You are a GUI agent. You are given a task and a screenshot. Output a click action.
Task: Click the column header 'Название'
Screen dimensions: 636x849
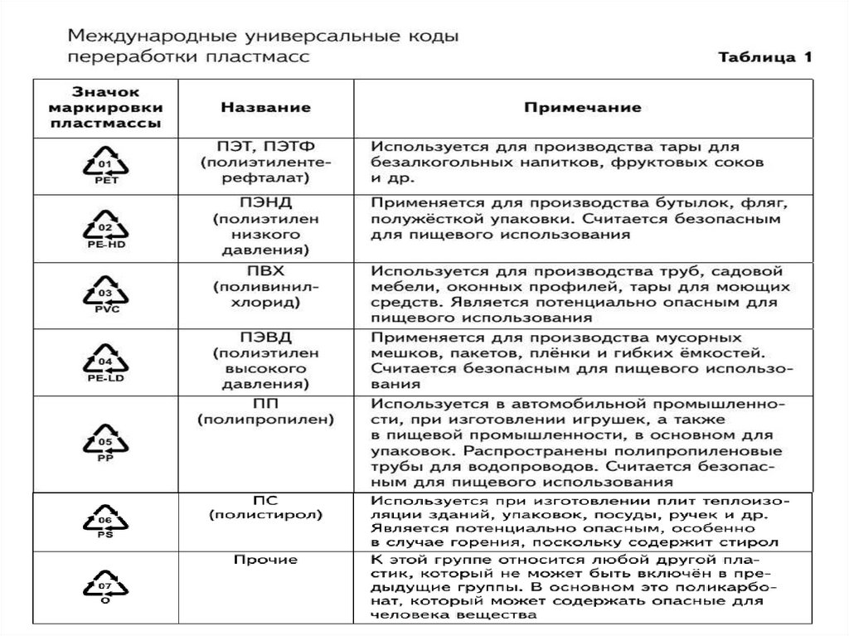265,108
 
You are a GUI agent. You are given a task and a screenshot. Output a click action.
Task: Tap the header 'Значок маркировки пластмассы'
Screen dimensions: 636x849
105,108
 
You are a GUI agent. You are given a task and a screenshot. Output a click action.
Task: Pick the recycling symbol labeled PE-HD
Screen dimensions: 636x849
105,226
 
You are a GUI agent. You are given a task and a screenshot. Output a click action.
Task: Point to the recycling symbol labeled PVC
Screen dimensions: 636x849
105,293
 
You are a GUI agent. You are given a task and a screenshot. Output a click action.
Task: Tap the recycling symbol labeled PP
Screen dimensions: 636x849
105,441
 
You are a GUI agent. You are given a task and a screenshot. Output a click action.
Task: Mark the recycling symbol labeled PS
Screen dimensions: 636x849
105,520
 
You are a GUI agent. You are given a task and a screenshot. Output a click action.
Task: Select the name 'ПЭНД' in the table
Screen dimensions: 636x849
265,202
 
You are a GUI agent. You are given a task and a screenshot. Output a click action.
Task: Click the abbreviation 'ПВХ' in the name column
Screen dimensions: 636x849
265,270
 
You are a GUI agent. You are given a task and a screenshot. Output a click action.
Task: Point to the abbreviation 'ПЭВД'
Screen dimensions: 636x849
265,337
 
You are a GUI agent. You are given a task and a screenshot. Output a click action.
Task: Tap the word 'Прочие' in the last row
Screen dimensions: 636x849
265,561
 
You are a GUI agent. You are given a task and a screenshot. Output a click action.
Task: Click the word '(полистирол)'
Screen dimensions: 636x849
265,515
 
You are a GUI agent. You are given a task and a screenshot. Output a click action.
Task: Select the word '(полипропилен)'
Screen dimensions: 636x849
265,420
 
